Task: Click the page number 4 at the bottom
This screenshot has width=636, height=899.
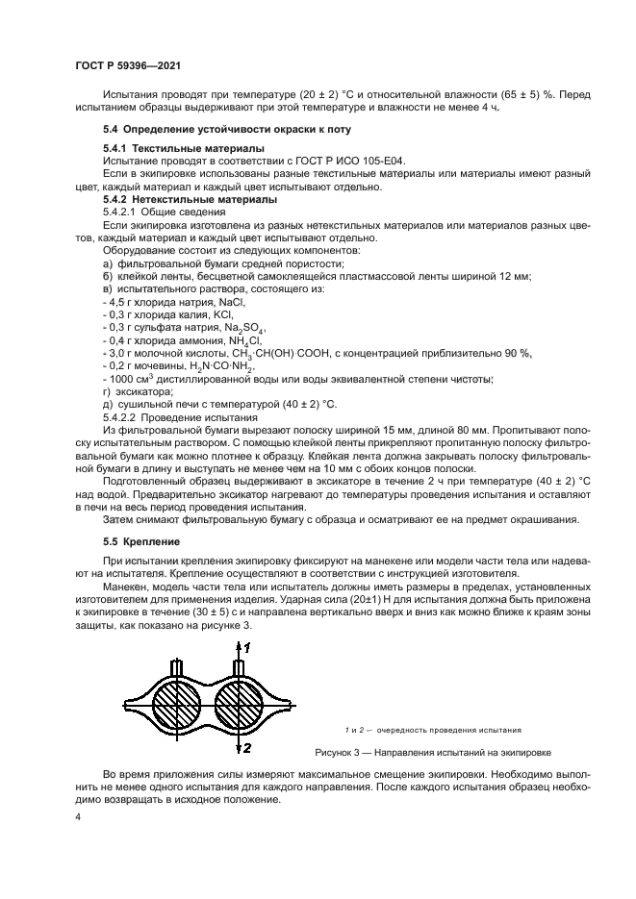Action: click(x=79, y=817)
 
